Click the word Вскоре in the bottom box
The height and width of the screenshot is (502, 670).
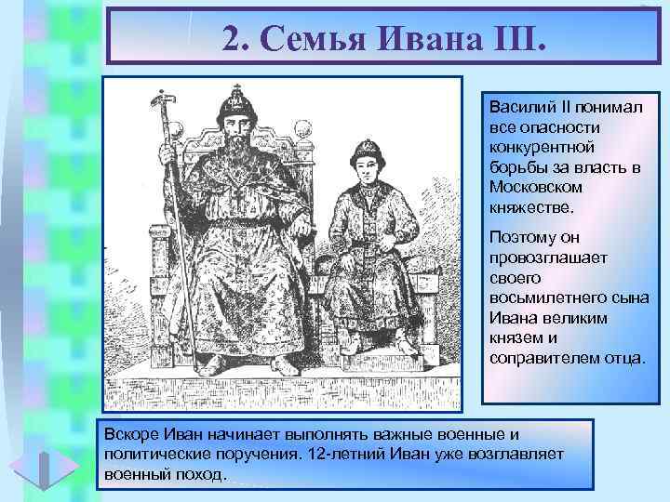[128, 434]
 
